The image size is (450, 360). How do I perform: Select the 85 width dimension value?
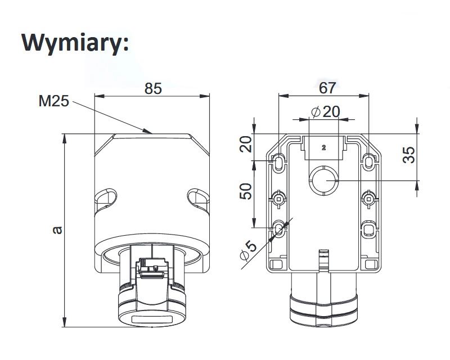click(x=153, y=88)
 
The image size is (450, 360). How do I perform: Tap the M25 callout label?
click(x=53, y=101)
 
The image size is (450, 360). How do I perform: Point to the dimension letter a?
click(x=58, y=230)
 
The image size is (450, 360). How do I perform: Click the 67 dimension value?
click(x=327, y=88)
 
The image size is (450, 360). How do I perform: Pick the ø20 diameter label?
click(x=326, y=112)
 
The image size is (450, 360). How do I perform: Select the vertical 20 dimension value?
click(x=246, y=144)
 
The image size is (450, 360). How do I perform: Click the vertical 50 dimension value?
click(x=246, y=191)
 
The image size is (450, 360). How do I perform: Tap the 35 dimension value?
click(x=409, y=155)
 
